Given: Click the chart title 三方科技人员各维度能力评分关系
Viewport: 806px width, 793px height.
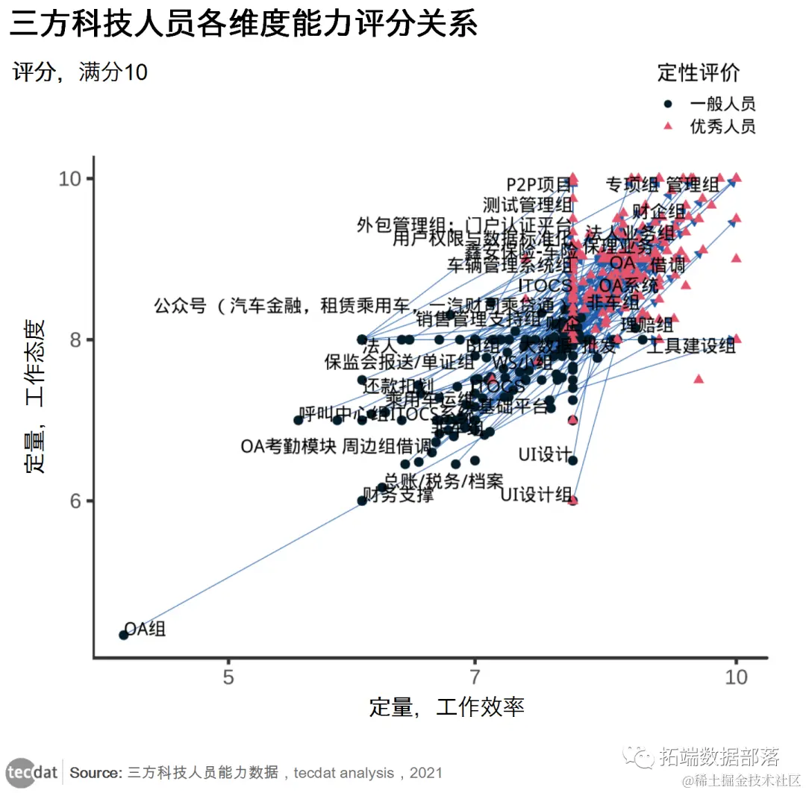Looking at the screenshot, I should (244, 25).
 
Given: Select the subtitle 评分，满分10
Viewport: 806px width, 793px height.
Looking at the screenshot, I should (81, 72).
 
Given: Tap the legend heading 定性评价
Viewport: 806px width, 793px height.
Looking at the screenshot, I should (699, 72).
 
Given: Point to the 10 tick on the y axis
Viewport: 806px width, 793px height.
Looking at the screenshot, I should (69, 179).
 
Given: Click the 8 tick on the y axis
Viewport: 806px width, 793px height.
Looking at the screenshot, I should (75, 339).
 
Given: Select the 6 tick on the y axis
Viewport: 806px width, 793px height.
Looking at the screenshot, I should (75, 501).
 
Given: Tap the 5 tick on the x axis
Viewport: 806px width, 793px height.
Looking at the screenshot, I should (228, 677).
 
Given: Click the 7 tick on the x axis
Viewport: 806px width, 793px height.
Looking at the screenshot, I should (474, 677).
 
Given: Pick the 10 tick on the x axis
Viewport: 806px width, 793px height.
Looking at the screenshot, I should (737, 677).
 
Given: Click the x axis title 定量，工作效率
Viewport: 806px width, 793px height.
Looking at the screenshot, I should (446, 706).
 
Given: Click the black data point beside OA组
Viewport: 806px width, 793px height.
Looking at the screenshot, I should (124, 635).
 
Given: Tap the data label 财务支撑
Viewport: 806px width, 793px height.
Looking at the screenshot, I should (398, 495).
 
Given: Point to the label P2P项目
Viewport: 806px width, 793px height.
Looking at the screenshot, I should (539, 184).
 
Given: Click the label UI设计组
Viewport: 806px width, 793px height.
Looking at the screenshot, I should (536, 495).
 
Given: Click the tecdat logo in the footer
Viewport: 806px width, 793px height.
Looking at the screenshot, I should (32, 771).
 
